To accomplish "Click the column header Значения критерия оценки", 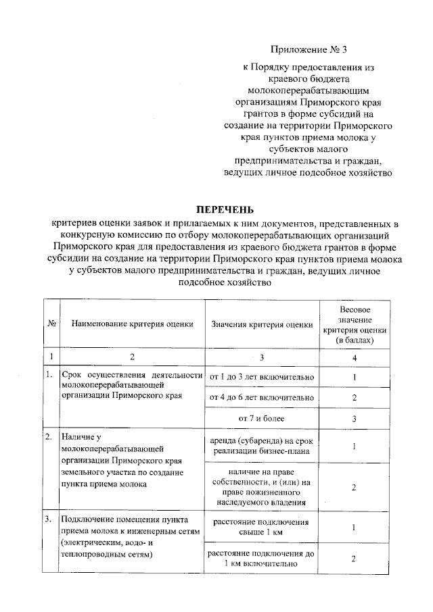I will pyautogui.click(x=262, y=324).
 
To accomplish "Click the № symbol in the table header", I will pyautogui.click(x=51, y=324).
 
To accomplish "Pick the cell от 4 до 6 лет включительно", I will pyautogui.click(x=262, y=397).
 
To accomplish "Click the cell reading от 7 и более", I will pyautogui.click(x=262, y=419).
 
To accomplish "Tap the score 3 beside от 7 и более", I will pyautogui.click(x=354, y=419).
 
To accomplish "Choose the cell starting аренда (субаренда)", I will pyautogui.click(x=262, y=447).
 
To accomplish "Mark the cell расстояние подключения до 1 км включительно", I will pyautogui.click(x=262, y=559).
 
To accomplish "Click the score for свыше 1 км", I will pyautogui.click(x=354, y=528).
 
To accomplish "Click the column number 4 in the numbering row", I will pyautogui.click(x=354, y=356).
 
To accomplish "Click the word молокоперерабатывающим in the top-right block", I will pyautogui.click(x=310, y=90).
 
